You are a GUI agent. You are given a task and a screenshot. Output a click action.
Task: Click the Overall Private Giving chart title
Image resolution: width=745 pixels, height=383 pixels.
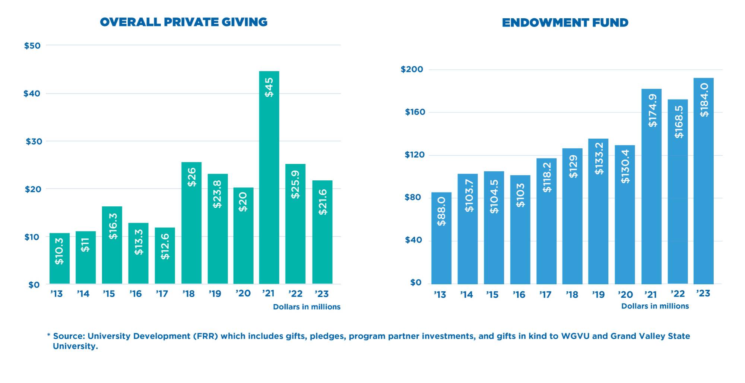click(184, 22)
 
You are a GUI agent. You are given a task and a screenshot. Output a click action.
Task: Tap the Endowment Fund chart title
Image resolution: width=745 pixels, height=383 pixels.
click(565, 23)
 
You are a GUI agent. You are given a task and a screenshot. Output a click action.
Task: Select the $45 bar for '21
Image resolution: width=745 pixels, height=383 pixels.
click(269, 177)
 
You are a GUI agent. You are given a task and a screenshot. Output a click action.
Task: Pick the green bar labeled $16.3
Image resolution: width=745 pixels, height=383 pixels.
click(112, 245)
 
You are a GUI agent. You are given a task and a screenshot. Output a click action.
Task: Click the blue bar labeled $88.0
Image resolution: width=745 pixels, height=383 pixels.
click(441, 238)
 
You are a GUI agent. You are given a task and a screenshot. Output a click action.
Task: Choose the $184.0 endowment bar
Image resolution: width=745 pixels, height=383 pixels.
click(704, 181)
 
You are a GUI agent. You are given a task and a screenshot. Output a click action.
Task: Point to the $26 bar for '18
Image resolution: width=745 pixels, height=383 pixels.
click(191, 223)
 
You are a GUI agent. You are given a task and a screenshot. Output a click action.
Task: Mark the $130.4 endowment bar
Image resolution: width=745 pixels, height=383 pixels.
click(625, 215)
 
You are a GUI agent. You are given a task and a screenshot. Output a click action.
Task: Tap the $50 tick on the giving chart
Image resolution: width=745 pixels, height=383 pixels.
click(32, 46)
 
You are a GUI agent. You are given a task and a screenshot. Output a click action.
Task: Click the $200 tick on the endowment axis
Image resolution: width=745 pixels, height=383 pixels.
click(412, 69)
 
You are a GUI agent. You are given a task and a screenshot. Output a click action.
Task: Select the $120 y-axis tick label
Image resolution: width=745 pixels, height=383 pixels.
click(415, 155)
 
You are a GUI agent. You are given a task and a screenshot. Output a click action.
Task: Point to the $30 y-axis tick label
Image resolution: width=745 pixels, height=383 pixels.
click(34, 142)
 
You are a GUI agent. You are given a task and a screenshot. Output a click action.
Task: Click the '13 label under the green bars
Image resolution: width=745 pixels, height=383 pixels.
click(57, 294)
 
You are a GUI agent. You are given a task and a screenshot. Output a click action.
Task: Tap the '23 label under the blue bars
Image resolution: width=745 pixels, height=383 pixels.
click(703, 294)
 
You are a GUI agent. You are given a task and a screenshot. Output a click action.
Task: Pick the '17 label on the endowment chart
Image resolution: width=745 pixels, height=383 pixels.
click(545, 295)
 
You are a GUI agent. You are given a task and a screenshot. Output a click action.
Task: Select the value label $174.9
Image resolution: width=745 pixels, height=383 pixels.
click(653, 110)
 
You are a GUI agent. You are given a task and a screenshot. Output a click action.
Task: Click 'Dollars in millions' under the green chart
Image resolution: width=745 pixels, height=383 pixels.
click(307, 307)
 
